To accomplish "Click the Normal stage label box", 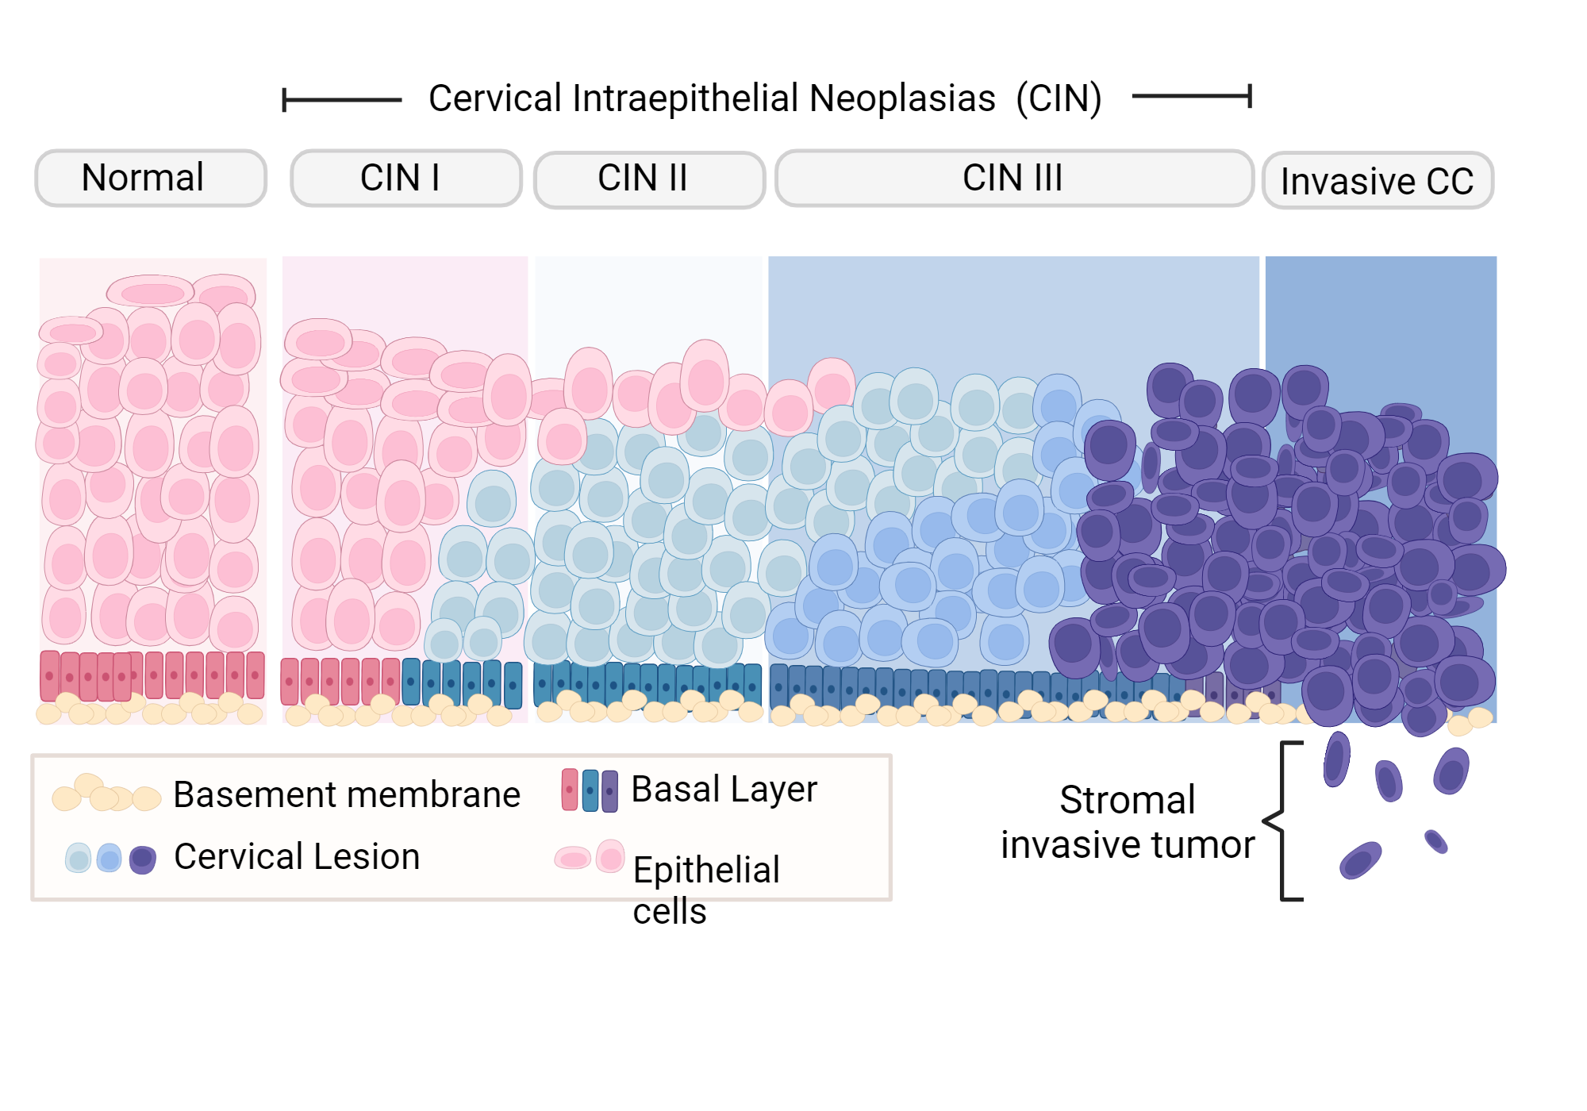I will (x=151, y=178).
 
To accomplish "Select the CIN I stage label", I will (x=405, y=178).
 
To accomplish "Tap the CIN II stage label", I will (x=649, y=179).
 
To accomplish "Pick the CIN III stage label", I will (x=1013, y=178).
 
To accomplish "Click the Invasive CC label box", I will (x=1378, y=181).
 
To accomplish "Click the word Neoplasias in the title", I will (x=902, y=98).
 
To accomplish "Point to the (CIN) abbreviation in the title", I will (x=1059, y=98).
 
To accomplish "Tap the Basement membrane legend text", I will (x=347, y=794).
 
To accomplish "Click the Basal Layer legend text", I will (x=724, y=789).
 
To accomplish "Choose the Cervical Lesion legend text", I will (x=297, y=856).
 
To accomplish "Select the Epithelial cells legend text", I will (x=706, y=889).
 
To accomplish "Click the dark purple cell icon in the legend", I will (x=142, y=859).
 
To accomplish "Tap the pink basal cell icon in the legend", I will (x=570, y=790).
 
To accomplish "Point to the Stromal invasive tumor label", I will (x=1128, y=822).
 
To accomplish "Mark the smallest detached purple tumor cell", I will (x=1435, y=841).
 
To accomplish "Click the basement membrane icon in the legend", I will (x=106, y=794).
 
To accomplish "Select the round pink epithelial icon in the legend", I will (x=610, y=857).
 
